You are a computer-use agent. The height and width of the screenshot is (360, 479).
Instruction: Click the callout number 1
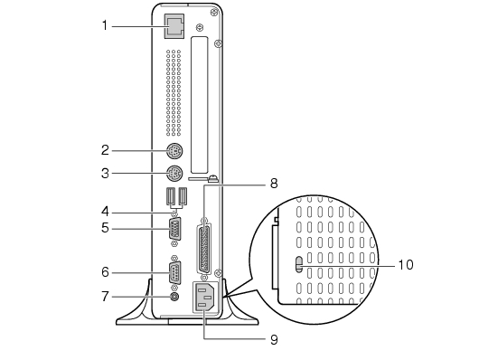(x=105, y=25)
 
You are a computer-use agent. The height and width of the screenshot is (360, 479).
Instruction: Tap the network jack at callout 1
(x=174, y=26)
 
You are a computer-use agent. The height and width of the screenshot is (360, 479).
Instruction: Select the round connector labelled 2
(x=174, y=151)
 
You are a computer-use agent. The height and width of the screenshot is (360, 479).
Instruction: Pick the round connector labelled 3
(x=174, y=174)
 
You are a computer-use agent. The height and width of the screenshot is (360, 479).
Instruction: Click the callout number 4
(x=105, y=212)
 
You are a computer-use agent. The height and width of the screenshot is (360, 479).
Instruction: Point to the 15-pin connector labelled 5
(x=174, y=228)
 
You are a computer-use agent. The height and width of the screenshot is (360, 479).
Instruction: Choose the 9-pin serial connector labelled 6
(x=174, y=272)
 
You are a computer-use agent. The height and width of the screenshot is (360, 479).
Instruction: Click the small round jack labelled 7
(x=174, y=297)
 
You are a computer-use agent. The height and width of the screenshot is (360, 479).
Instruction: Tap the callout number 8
(x=274, y=184)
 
